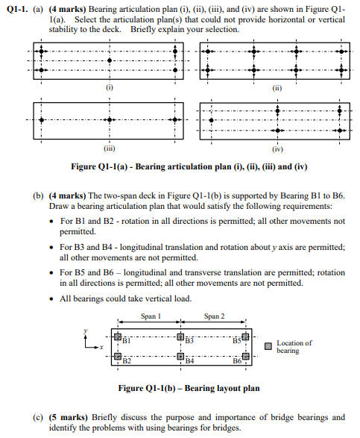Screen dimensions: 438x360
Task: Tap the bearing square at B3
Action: [x=180, y=337]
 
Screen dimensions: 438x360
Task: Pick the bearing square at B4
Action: [x=180, y=357]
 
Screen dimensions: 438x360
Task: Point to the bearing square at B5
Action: [x=245, y=337]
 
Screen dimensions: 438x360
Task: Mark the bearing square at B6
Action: [x=245, y=357]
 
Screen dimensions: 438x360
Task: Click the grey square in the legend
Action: [x=268, y=346]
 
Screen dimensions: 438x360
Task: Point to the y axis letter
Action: [x=86, y=330]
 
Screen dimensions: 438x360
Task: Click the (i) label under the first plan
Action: [x=110, y=87]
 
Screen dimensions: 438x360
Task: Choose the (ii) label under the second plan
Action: [x=276, y=87]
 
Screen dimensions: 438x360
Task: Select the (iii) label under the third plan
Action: [x=110, y=146]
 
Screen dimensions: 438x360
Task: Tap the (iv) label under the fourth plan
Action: [x=276, y=146]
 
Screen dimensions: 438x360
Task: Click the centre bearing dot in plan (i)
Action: [x=110, y=60]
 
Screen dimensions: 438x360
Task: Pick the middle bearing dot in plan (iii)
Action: [x=110, y=119]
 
